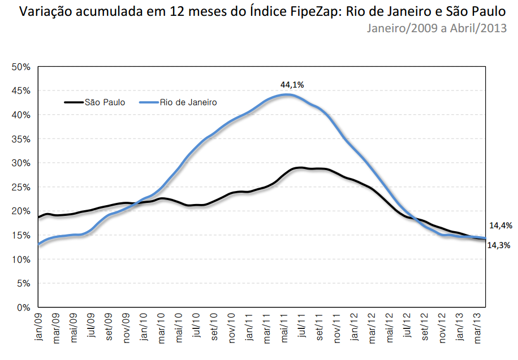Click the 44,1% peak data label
tap(292, 85)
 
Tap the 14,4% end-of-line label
tap(500, 225)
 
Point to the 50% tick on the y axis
tap(21, 67)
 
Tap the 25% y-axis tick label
tap(21, 187)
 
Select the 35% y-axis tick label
tap(21, 139)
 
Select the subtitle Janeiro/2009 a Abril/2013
tap(436, 28)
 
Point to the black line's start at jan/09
tap(38, 217)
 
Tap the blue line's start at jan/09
tap(38, 244)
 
